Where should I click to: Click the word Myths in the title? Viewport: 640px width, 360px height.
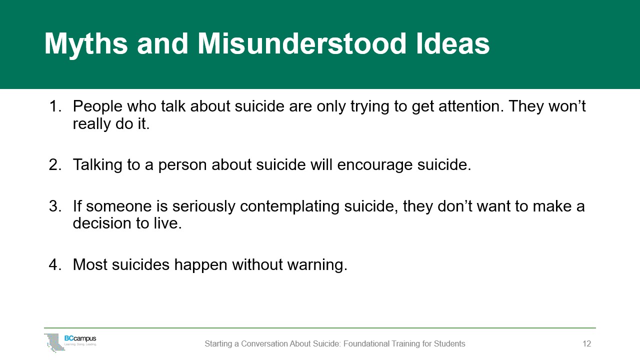point(86,44)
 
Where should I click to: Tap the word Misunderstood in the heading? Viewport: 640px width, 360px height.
point(301,43)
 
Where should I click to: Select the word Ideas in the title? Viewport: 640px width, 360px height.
point(452,43)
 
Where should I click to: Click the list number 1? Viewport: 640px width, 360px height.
point(55,106)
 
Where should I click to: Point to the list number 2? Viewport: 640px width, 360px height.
point(55,165)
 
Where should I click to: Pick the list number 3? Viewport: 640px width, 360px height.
point(55,206)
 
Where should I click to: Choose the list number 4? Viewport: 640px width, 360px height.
point(55,264)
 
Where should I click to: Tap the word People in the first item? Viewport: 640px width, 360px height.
point(97,107)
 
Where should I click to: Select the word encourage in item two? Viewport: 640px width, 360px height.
point(374,165)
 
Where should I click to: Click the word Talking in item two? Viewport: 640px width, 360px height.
point(97,165)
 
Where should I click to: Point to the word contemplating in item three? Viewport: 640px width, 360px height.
point(289,207)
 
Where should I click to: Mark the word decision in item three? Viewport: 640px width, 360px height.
point(102,223)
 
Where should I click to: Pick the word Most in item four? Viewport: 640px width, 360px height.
point(89,264)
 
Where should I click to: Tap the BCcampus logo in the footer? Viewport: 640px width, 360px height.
point(70,342)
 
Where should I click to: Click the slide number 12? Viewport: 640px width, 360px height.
point(586,343)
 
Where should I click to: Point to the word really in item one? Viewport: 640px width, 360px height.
point(91,124)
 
